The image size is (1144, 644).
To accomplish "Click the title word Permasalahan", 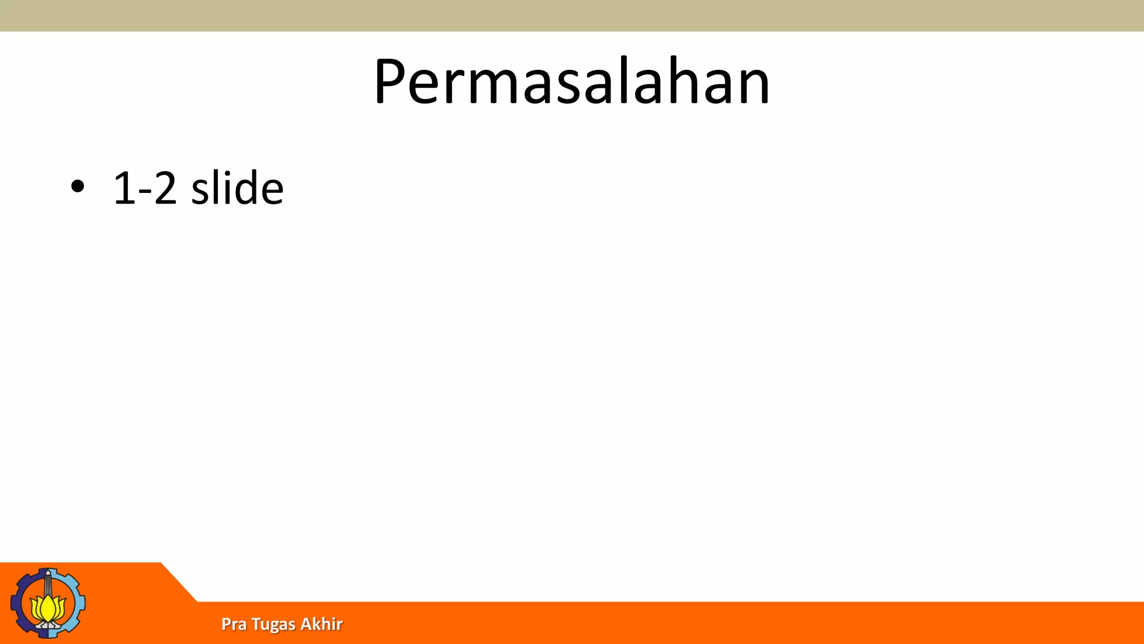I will point(572,82).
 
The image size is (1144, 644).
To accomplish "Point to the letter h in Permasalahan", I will point(683,82).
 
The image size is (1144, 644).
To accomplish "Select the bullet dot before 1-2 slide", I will point(78,186).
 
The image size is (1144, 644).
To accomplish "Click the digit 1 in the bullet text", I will point(124,188).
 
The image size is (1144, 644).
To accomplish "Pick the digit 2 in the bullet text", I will point(165,188).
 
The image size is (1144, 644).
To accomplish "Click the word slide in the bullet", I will point(237,188).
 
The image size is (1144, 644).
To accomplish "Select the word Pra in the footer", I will point(233,624).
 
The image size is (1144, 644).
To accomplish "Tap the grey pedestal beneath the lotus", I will point(48,626).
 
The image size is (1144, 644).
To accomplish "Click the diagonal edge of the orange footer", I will point(179,582).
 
